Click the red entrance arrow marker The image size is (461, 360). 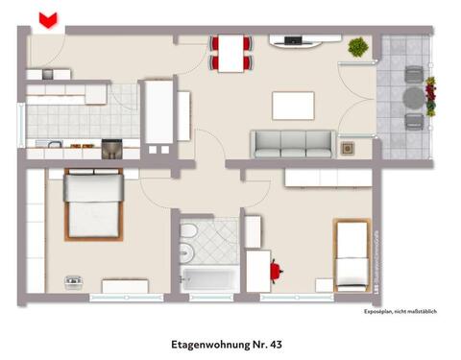click(x=46, y=18)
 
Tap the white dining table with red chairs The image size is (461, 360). click(x=231, y=52)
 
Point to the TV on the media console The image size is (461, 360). click(x=292, y=39)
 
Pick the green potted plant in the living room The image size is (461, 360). click(x=358, y=47)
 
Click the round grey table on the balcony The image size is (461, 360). click(x=413, y=96)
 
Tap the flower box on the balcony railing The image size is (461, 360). click(x=430, y=96)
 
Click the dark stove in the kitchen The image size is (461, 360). click(x=111, y=147)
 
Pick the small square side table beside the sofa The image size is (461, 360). click(x=348, y=148)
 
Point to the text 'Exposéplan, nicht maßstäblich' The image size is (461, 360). click(x=400, y=312)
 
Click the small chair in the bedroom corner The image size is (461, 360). click(x=73, y=281)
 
